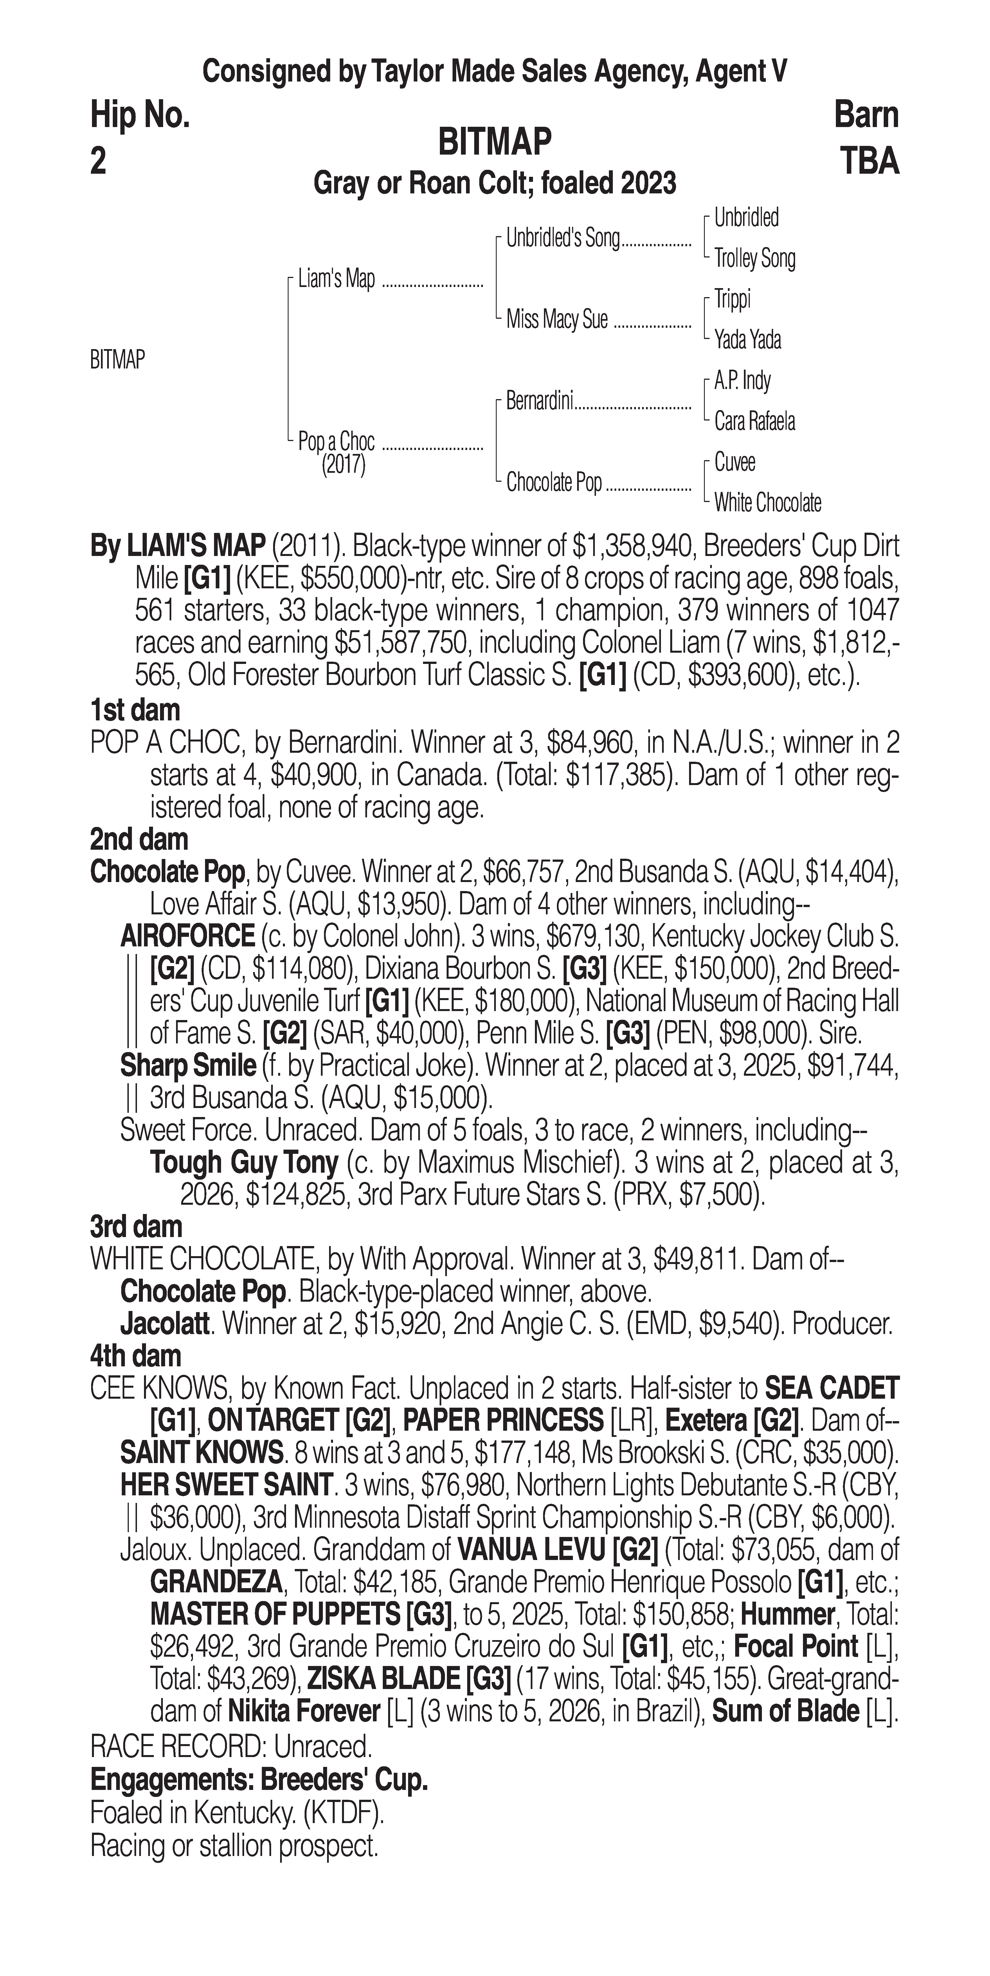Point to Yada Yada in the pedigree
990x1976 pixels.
(748, 339)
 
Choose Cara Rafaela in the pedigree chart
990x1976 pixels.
(754, 421)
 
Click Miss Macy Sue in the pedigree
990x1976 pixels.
(556, 319)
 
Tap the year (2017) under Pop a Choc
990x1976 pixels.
(343, 465)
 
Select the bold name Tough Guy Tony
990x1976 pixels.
(244, 1162)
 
